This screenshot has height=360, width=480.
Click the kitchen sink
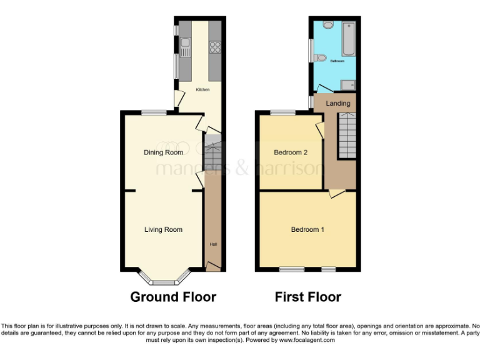pos(185,43)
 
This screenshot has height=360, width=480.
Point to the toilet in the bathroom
pos(322,58)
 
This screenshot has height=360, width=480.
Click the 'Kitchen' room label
pos(202,90)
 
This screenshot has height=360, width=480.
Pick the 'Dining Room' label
pos(164,152)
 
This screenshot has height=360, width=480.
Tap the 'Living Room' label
pos(164,230)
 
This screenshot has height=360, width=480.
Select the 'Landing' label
pos(338,103)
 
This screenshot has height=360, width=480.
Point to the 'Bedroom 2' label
pos(291,152)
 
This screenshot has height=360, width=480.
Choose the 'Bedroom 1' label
pos(307,229)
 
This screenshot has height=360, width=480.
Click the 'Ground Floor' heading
pos(173,297)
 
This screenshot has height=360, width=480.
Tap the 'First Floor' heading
pos(308,297)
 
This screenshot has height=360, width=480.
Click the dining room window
pos(154,112)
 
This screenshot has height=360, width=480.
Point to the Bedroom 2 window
pos(282,112)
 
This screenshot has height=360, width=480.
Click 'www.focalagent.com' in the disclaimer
pos(306,341)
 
